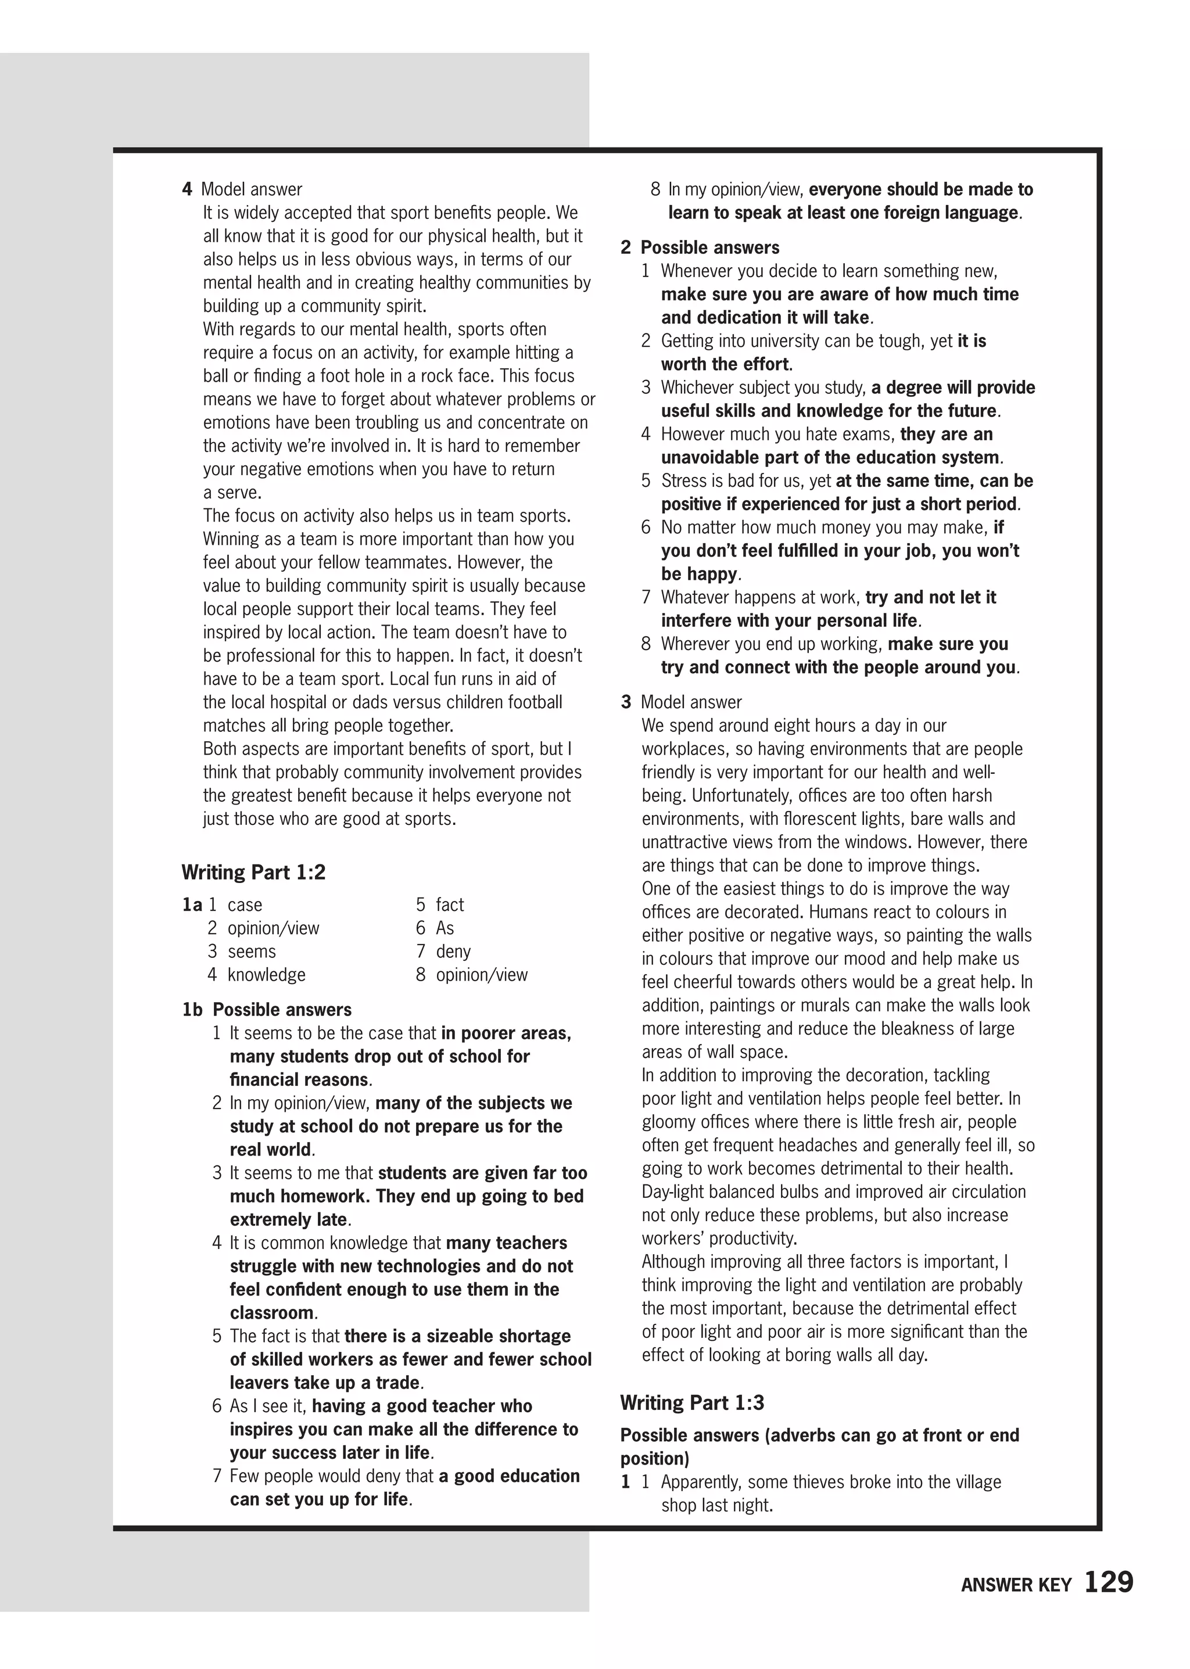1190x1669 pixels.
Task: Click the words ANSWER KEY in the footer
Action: [x=1016, y=1585]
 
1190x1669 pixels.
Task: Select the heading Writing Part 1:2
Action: [x=253, y=872]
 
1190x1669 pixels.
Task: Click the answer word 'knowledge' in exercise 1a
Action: [x=266, y=974]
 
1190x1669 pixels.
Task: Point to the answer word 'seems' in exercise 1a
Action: [x=252, y=951]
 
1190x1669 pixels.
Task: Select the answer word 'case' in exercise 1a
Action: [x=245, y=905]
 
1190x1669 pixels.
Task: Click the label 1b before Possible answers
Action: [x=192, y=1010]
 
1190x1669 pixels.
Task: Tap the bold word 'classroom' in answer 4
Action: [x=272, y=1312]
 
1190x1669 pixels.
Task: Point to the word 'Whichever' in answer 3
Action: [x=696, y=387]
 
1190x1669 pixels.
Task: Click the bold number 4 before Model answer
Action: [x=187, y=189]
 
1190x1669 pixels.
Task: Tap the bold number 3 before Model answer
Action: [x=626, y=702]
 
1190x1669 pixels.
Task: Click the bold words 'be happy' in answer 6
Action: [x=699, y=574]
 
